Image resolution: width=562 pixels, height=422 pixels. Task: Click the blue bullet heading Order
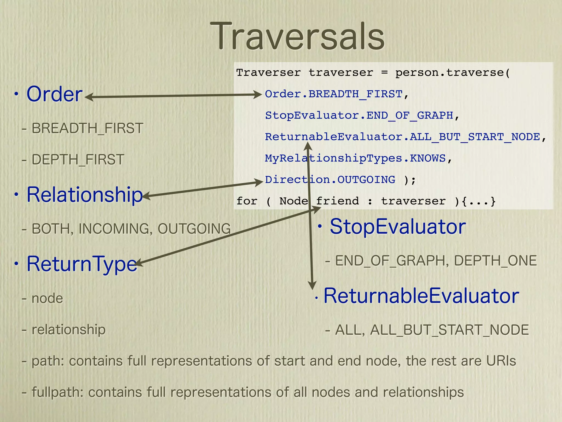coord(54,94)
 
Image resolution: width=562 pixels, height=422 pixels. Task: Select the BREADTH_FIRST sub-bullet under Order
coord(87,128)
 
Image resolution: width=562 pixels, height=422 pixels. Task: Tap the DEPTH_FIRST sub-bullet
coord(78,160)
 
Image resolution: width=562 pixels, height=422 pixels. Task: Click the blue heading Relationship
coord(85,195)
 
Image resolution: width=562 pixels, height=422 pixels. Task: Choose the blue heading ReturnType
coord(82,264)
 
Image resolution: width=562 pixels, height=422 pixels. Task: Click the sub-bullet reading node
coord(47,298)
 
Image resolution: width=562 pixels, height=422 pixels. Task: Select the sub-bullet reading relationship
coord(68,329)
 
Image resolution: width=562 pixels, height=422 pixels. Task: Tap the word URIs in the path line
coord(501,361)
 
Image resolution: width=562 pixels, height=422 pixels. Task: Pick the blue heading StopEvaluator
coord(398,227)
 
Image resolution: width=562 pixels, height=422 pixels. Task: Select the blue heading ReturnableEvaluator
coord(421,296)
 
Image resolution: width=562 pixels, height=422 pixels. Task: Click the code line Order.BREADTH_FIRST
coord(333,94)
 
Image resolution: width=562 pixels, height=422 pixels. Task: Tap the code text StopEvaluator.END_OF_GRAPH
coord(359,115)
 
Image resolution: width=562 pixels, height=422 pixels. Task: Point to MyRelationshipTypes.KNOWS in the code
coord(355,158)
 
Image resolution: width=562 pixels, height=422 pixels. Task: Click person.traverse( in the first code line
coord(452,73)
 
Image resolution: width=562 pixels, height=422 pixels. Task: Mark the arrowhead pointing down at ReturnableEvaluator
coord(312,286)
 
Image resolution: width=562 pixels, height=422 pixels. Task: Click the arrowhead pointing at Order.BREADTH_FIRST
coord(258,95)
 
